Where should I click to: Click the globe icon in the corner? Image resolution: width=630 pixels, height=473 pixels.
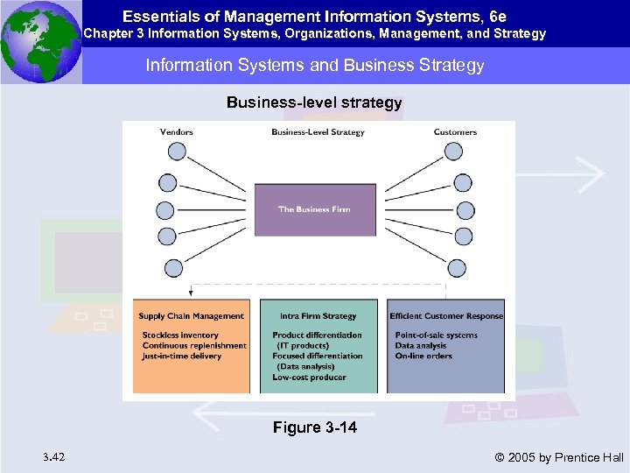coord(40,41)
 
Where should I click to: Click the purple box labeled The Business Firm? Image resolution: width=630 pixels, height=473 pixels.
coord(314,209)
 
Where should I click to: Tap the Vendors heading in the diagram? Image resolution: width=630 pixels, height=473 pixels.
coord(177,132)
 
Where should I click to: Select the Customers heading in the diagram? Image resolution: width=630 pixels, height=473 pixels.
coord(455,132)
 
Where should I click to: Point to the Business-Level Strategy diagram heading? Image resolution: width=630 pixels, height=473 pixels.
coord(318,132)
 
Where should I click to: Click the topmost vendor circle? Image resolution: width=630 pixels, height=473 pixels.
coord(177,152)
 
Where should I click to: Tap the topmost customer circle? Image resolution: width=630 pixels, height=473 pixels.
coord(453,152)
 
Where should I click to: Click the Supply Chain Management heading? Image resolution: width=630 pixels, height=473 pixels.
coord(191,316)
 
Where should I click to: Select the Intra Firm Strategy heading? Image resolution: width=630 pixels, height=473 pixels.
coord(318,316)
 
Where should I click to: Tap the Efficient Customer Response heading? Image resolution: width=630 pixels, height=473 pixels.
coord(446,316)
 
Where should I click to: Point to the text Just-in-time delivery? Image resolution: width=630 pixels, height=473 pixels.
coord(183,357)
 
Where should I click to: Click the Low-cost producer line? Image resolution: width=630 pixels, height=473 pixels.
coord(309,378)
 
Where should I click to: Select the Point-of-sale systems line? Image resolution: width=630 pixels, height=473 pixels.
coord(437,335)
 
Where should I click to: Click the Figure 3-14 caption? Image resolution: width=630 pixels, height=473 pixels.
coord(314,428)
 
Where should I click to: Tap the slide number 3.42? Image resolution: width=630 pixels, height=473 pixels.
coord(52,457)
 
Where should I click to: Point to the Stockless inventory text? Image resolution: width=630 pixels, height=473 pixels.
coord(180,335)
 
